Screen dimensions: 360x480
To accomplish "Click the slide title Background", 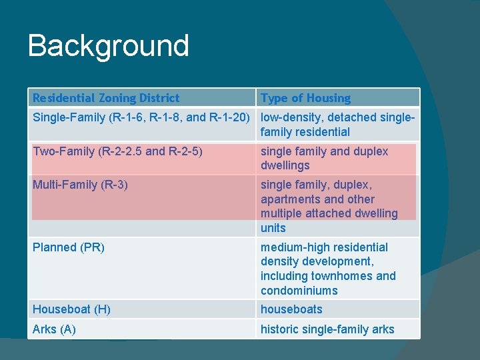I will tap(109, 46).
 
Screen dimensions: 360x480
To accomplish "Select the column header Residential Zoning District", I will tap(106, 98).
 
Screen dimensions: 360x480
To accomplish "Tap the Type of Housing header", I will tap(305, 98).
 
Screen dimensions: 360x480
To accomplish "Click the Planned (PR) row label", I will tap(69, 247).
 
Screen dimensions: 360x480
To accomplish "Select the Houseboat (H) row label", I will tap(71, 309).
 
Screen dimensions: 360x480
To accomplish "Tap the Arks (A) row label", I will tap(54, 329).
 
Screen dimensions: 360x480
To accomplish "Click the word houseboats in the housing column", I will tap(291, 309).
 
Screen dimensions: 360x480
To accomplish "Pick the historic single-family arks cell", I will tap(327, 329).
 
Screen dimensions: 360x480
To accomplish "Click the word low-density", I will tap(290, 118).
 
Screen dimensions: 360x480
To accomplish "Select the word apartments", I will tap(289, 199).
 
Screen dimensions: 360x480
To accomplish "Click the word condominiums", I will tap(299, 291).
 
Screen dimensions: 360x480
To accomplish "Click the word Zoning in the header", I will tap(116, 98).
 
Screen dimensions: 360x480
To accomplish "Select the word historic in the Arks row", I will tap(279, 329).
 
